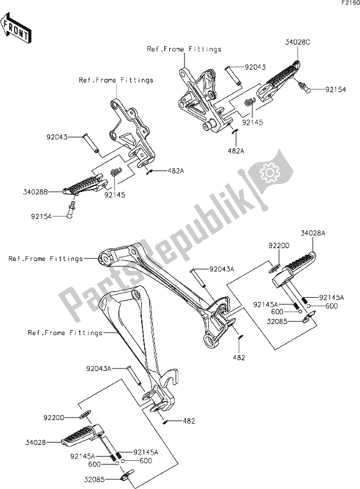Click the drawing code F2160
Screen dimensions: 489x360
[347, 4]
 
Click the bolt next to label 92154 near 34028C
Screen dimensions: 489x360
[307, 89]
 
